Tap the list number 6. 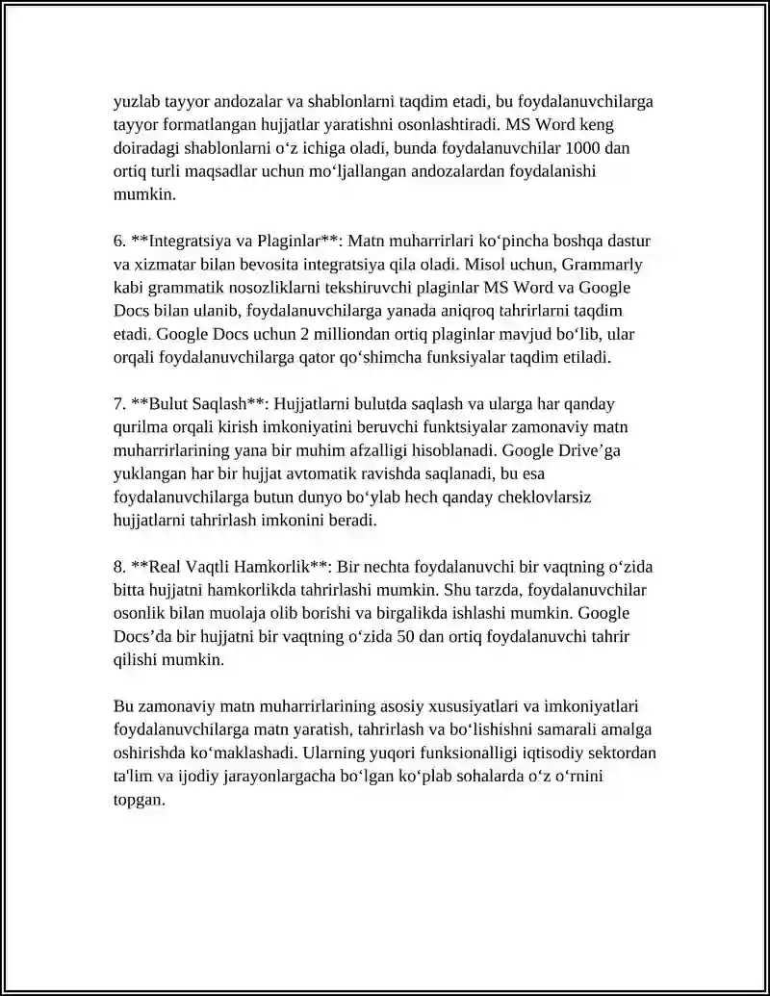coord(118,240)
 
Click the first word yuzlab coord(136,101)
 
